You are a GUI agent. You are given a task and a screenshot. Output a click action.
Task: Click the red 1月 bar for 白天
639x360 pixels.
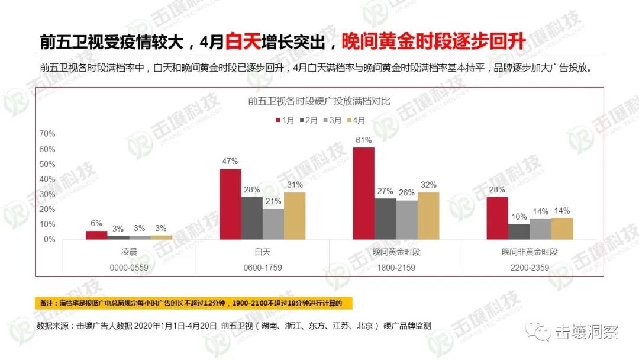point(230,204)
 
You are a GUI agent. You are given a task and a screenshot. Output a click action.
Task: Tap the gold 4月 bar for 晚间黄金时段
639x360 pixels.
point(428,216)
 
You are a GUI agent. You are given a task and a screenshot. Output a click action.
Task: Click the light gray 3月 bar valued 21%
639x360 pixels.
point(273,224)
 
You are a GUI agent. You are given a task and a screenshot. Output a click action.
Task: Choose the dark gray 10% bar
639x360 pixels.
point(519,232)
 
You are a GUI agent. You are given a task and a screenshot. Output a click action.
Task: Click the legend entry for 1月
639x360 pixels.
point(285,120)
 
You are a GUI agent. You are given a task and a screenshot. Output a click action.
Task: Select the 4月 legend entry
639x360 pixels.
point(356,120)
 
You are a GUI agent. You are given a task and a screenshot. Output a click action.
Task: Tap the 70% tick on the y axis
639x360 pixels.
point(47,134)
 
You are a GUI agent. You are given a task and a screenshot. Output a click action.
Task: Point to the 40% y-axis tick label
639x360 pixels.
point(47,179)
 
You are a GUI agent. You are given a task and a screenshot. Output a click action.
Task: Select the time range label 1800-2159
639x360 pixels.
point(395,268)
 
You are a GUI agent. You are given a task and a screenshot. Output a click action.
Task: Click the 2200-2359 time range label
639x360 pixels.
point(530,268)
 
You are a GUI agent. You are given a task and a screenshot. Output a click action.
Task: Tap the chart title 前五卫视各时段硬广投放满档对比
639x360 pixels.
point(319,101)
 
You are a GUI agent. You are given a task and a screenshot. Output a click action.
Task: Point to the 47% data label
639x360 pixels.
point(230,160)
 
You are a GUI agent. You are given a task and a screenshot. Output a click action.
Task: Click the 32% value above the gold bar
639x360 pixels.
point(428,184)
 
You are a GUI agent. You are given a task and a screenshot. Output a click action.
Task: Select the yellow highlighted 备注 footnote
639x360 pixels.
point(193,303)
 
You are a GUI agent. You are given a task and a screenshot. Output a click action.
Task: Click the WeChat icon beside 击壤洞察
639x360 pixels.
point(541,332)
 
